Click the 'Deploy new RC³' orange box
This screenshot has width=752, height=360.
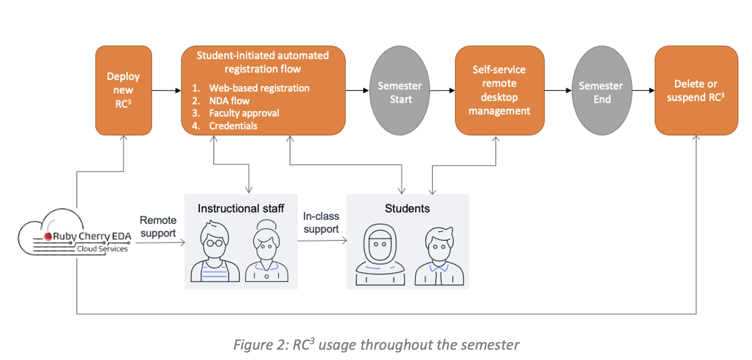pos(123,90)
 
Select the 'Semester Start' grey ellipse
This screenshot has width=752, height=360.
pos(400,91)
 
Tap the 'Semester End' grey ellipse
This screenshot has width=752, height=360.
pos(601,91)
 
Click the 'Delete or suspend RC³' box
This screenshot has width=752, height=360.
pos(696,90)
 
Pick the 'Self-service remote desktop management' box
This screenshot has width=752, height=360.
pos(499,90)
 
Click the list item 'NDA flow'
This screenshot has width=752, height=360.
pos(229,101)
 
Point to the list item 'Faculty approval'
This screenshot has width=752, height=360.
pos(244,113)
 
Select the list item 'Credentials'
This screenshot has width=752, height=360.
pos(233,126)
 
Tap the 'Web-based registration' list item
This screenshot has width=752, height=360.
pos(259,88)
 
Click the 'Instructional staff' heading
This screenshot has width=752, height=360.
pos(241,208)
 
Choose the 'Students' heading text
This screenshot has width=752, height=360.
pos(407,208)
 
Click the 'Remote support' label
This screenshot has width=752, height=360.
pos(158,227)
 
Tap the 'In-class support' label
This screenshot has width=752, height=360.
pos(321,223)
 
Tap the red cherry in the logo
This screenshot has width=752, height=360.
pos(48,237)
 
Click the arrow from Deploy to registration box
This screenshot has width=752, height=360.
pos(166,91)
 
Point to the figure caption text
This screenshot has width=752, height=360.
pos(376,345)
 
